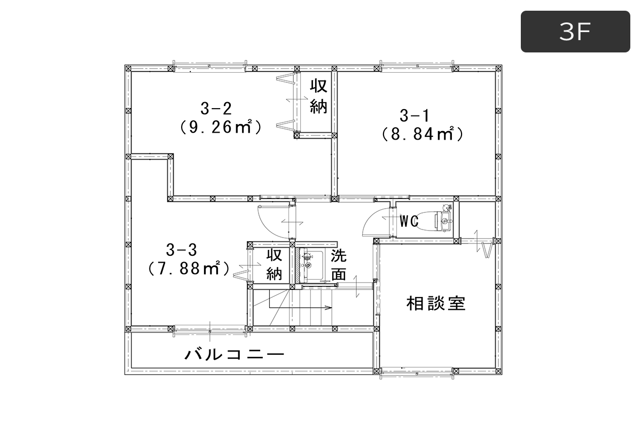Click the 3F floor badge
coord(575,32)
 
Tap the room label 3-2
coord(216,109)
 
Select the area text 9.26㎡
coord(220,127)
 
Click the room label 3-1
coord(415,116)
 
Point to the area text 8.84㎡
coord(423,134)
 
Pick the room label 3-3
coord(182,250)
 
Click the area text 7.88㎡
coord(189,269)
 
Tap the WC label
coord(409,221)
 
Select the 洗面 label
coord(339,265)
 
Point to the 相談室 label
coord(436,303)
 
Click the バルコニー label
coord(234,354)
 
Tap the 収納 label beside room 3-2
coord(319,97)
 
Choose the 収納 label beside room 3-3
coord(275,265)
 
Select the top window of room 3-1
coord(417,66)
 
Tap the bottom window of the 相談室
coord(417,373)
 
